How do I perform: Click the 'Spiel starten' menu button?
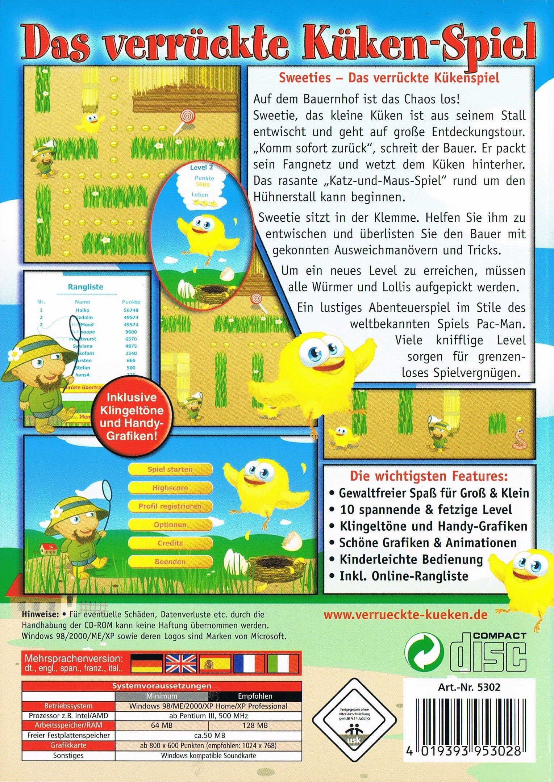click(170, 469)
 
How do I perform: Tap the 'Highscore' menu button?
click(170, 488)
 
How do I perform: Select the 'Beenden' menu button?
click(170, 562)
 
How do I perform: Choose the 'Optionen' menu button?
click(170, 525)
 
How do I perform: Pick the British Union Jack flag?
click(180, 663)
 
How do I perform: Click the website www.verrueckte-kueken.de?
click(405, 615)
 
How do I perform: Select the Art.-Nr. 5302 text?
click(468, 687)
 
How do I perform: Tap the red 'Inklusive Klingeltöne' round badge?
click(132, 417)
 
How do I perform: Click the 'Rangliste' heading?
click(86, 287)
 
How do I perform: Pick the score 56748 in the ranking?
click(130, 310)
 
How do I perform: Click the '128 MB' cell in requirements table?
click(255, 725)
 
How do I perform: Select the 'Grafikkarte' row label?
click(68, 745)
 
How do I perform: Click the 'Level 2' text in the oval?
click(201, 167)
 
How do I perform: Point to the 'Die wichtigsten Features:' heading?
click(429, 476)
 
